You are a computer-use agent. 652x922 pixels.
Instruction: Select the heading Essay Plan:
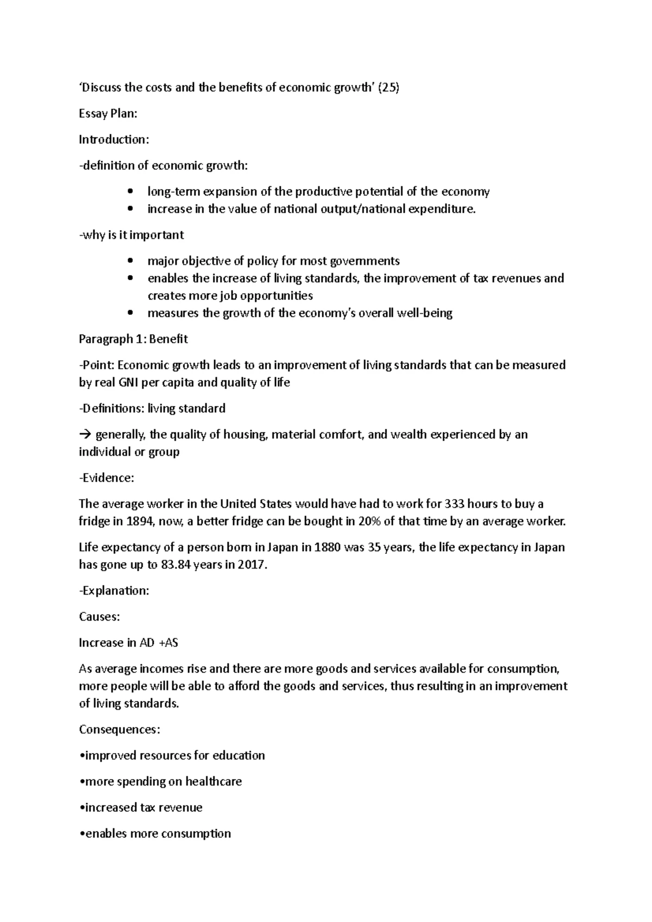point(108,114)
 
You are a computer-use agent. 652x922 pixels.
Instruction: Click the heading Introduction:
point(114,140)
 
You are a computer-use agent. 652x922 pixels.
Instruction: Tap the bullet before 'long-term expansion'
point(129,192)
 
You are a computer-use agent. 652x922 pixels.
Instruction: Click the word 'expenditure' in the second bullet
point(441,209)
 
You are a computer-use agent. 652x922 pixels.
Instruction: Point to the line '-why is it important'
point(131,235)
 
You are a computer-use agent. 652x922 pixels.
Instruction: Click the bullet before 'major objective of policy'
point(129,261)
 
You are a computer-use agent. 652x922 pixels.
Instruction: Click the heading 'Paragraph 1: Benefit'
point(133,339)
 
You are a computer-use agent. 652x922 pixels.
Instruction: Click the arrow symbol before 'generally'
point(85,435)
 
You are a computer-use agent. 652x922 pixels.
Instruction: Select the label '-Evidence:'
point(106,478)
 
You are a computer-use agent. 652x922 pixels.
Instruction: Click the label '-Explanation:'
point(114,591)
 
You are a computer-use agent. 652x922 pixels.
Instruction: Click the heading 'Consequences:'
point(120,730)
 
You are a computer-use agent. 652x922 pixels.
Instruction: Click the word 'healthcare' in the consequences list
point(214,782)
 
